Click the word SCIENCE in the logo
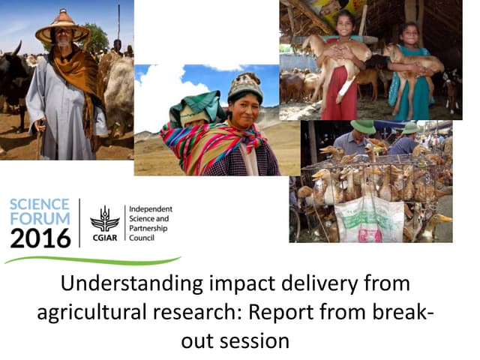click(x=40, y=205)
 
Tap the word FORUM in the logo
click(x=39, y=219)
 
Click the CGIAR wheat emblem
click(x=104, y=219)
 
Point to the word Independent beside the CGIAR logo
click(x=151, y=208)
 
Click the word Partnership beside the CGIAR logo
click(x=147, y=229)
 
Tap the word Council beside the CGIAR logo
click(x=142, y=239)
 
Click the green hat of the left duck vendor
click(x=363, y=127)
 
